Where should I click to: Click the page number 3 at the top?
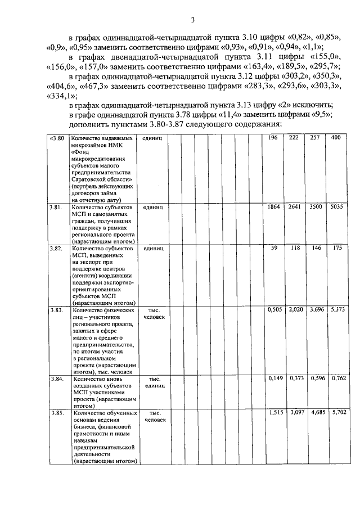coord(192,21)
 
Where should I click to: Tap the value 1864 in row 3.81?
coord(273,208)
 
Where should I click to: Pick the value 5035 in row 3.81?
coord(336,208)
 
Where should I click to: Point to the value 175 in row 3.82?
coord(336,248)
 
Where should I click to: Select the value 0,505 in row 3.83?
coord(273,310)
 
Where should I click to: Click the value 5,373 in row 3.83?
coord(336,310)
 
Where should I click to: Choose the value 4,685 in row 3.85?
coord(315,413)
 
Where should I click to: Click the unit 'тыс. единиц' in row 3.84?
coord(154,382)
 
